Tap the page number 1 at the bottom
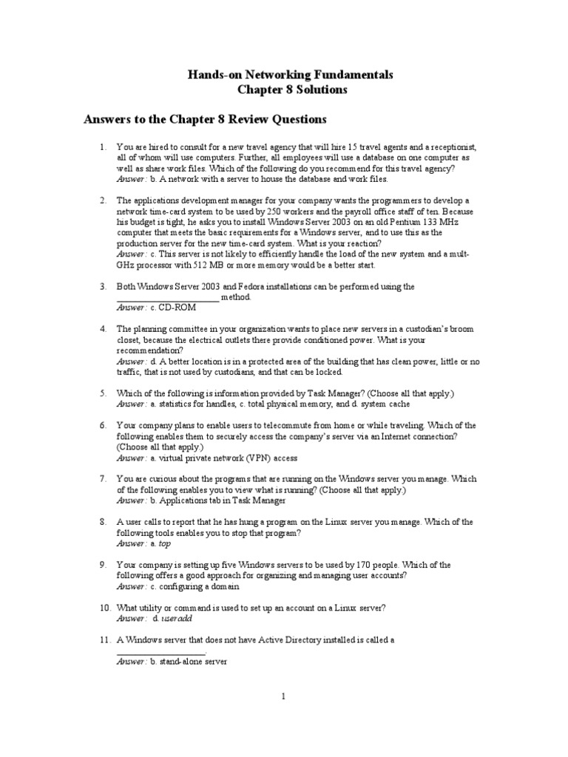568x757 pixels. [x=283, y=696]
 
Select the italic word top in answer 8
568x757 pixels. [x=165, y=543]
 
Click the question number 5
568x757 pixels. [x=104, y=393]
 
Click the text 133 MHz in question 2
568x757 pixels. [x=407, y=222]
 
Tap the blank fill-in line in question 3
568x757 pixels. [x=168, y=299]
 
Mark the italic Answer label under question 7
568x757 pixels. [x=132, y=500]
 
